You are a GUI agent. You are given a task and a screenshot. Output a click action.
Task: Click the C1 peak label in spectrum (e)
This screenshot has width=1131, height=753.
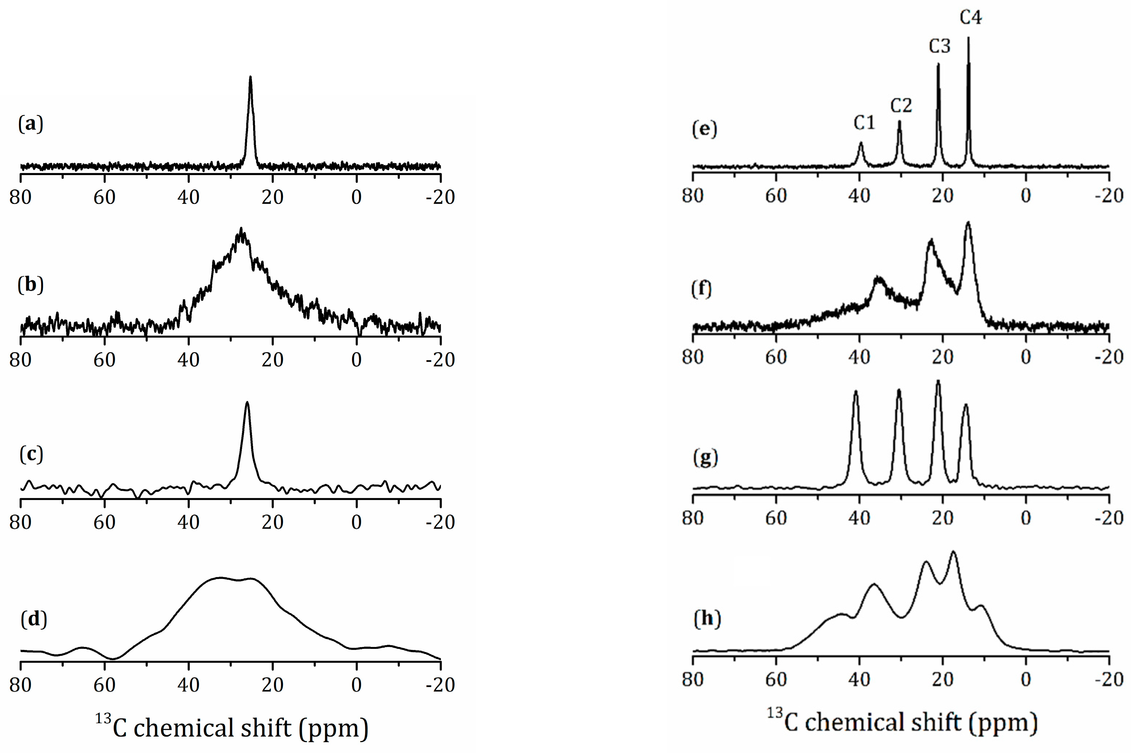point(864,123)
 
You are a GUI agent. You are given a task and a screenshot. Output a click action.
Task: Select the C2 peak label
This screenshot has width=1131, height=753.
point(901,105)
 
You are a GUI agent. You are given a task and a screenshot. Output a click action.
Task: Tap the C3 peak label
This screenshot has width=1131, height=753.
point(939,46)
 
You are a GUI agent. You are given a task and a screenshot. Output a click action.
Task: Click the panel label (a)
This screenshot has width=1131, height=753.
point(31,124)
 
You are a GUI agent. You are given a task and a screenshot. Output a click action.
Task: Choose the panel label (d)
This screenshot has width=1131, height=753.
point(34,620)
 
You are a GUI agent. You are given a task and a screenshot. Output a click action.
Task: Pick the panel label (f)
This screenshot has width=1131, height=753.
point(702,289)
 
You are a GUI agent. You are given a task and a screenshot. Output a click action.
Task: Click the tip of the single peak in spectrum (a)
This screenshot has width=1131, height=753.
point(250,77)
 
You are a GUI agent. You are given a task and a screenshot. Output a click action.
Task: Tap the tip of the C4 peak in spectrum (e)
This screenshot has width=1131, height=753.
point(968,39)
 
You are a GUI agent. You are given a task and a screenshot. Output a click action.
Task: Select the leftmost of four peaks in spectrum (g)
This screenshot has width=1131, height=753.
point(855,392)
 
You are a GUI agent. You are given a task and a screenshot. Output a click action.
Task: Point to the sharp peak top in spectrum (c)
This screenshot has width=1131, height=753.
point(247,402)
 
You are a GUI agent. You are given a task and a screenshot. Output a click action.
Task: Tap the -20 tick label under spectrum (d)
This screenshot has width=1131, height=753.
point(440,685)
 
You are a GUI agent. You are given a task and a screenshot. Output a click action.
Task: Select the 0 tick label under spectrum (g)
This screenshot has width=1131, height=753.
point(1026,518)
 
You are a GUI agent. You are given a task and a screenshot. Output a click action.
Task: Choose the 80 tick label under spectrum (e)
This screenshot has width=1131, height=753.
point(693,196)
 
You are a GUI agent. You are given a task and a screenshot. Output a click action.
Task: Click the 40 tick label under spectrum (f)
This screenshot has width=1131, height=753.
point(859,357)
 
